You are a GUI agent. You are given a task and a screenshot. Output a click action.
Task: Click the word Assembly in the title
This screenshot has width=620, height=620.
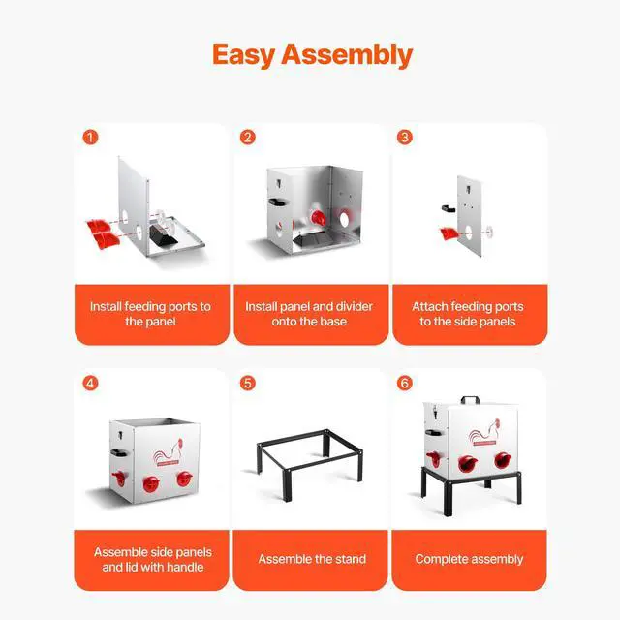pyautogui.click(x=347, y=54)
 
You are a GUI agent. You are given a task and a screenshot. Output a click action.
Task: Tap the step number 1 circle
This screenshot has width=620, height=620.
pyautogui.click(x=90, y=138)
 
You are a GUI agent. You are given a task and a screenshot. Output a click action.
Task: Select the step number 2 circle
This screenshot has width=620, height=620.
pyautogui.click(x=248, y=138)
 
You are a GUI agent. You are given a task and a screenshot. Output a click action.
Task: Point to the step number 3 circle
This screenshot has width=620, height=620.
pyautogui.click(x=405, y=138)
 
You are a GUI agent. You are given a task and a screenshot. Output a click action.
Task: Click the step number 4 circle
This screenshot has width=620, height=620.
pyautogui.click(x=90, y=384)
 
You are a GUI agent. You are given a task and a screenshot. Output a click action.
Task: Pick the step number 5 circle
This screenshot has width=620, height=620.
pyautogui.click(x=248, y=384)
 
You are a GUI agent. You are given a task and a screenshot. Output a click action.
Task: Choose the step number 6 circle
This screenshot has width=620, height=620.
pyautogui.click(x=405, y=384)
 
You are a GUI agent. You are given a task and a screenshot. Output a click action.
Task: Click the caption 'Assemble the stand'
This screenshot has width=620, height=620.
pyautogui.click(x=312, y=559)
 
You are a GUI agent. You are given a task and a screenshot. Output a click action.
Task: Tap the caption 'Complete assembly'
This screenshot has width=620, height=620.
pyautogui.click(x=469, y=559)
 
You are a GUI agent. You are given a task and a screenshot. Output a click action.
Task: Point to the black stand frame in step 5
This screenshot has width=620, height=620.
pyautogui.click(x=309, y=464)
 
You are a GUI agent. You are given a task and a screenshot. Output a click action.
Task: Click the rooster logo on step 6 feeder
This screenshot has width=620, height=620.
pyautogui.click(x=484, y=433)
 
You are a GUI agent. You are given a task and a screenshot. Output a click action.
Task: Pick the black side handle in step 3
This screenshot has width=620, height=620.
pyautogui.click(x=449, y=208)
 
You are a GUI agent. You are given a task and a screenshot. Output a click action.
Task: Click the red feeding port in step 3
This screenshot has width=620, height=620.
pyautogui.click(x=449, y=233)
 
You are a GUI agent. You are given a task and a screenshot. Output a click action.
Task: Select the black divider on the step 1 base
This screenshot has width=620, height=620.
pyautogui.click(x=163, y=234)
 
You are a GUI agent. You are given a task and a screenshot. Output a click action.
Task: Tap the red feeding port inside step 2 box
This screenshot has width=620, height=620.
pyautogui.click(x=318, y=218)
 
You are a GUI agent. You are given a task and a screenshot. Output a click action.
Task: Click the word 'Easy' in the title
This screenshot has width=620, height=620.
pyautogui.click(x=243, y=54)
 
